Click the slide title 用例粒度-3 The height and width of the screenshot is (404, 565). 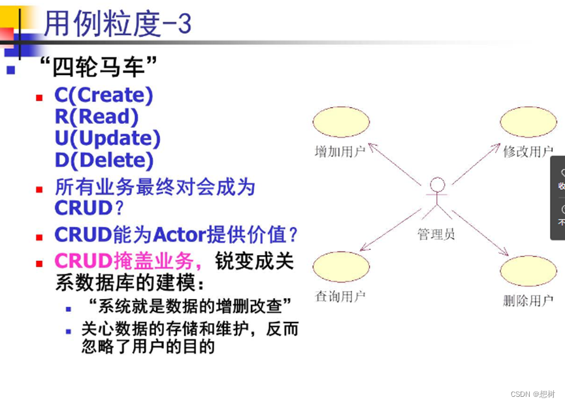[118, 24]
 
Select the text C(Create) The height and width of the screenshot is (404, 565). [104, 95]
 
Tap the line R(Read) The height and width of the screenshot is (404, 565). [97, 117]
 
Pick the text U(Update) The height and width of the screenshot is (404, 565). [107, 138]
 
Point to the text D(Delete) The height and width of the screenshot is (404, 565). [104, 160]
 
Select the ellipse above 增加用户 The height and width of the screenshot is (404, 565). [342, 123]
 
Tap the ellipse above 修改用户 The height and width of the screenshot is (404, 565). [528, 123]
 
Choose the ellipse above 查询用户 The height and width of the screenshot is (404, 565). [342, 268]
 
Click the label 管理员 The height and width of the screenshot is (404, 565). [436, 234]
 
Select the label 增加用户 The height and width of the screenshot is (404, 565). [340, 152]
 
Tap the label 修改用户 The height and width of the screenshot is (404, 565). [528, 152]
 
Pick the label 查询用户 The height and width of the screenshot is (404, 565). [340, 296]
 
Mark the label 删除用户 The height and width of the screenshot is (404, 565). [528, 301]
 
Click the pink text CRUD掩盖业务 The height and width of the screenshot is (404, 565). [124, 261]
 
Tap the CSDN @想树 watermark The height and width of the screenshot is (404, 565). [532, 394]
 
